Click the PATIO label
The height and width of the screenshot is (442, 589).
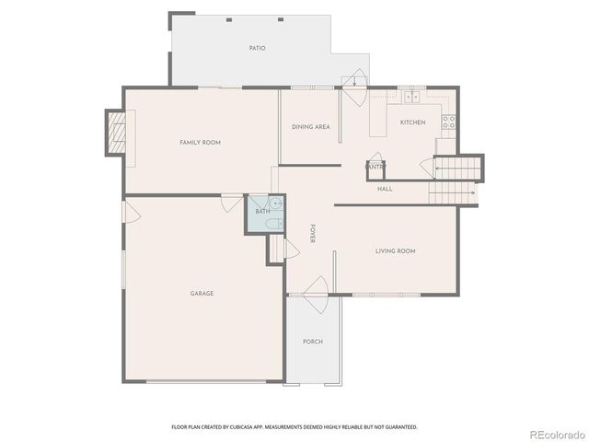click(257, 48)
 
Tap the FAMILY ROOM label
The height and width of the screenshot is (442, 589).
click(200, 143)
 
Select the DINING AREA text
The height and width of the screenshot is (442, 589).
click(311, 127)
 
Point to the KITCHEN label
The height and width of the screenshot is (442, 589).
click(412, 122)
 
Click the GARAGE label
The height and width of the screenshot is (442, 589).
click(202, 294)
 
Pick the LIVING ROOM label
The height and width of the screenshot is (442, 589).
click(396, 251)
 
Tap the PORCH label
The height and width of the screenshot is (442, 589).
click(313, 342)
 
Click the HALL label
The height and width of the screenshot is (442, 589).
click(385, 189)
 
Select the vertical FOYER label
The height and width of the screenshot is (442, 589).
click(313, 234)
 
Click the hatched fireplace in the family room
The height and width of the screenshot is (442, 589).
click(115, 137)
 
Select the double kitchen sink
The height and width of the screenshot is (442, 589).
click(411, 96)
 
